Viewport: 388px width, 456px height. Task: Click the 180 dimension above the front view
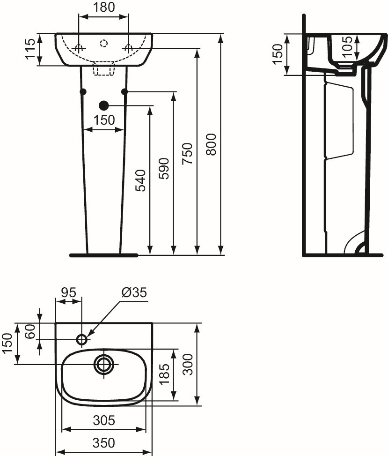(104, 7)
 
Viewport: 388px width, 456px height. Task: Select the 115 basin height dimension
(30, 49)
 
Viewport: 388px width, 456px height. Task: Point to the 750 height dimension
(187, 154)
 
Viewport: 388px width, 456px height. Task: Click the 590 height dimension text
(164, 169)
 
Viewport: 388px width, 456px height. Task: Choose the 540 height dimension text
(140, 180)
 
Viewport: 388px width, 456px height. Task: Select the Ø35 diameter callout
(134, 292)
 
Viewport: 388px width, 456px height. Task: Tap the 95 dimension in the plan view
(68, 292)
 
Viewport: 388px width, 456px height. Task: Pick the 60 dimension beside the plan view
(30, 331)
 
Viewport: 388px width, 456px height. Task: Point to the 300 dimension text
(189, 365)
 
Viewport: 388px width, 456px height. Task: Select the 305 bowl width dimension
(104, 420)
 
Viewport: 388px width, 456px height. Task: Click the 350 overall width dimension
(104, 443)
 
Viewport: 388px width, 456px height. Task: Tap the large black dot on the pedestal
(104, 105)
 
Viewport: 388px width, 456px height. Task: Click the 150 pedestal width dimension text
(104, 120)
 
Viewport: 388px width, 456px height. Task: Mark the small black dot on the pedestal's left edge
(83, 91)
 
